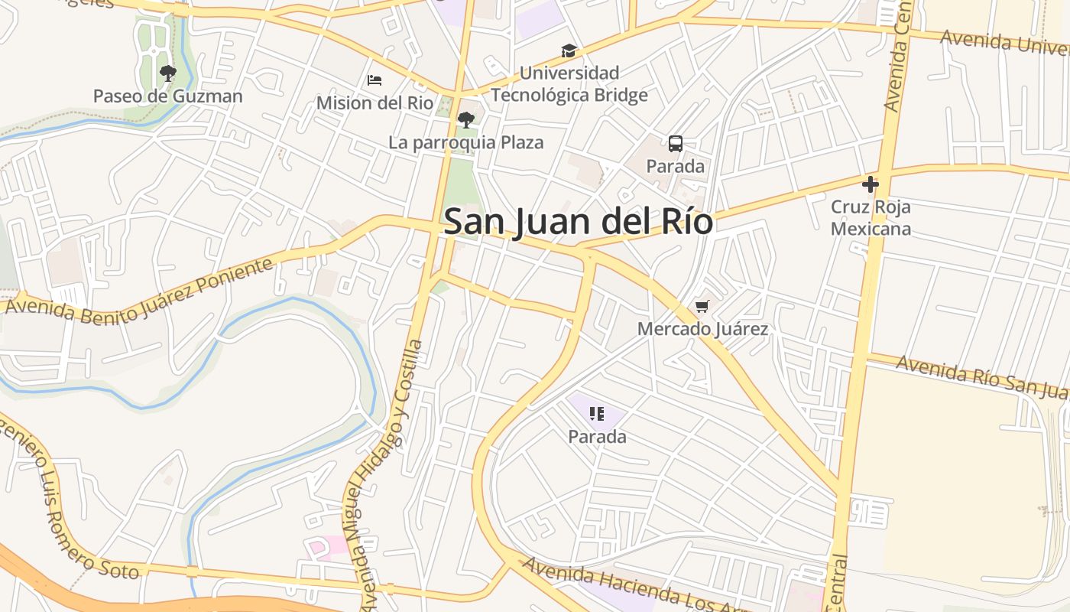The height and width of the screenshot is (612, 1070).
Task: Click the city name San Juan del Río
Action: tap(578, 222)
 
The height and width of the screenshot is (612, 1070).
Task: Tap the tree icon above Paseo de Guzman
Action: tap(168, 73)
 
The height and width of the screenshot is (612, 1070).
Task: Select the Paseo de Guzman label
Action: tap(168, 96)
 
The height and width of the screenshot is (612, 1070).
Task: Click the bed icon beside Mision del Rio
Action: tap(374, 80)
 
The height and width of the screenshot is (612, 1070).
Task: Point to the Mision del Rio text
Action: tap(374, 103)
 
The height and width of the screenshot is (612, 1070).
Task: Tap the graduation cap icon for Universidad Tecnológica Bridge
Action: tap(569, 51)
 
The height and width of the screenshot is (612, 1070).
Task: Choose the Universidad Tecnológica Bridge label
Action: tap(569, 84)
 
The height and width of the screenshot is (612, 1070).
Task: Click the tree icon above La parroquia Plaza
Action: tap(465, 120)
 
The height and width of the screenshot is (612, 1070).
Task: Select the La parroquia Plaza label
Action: tap(466, 142)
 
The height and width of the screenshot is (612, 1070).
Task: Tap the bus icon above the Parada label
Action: tap(676, 144)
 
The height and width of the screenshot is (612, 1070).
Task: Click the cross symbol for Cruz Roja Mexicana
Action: tap(871, 184)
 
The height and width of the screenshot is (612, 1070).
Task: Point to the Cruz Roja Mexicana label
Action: tap(871, 218)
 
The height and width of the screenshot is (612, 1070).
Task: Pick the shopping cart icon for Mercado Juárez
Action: tap(702, 307)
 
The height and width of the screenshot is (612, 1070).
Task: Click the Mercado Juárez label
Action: tap(702, 329)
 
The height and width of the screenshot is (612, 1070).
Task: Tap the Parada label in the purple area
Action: tap(597, 437)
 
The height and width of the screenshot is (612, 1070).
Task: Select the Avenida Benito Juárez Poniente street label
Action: tap(139, 290)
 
